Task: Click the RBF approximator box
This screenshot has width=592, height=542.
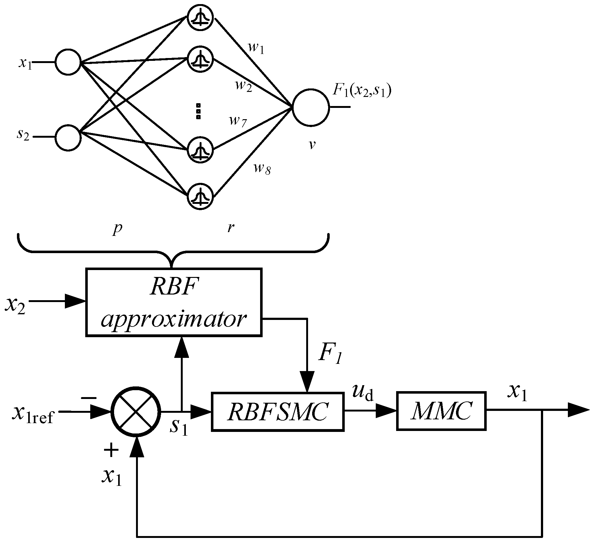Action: [x=174, y=302]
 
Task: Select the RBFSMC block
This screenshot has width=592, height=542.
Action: [x=278, y=412]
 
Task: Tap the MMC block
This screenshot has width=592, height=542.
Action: [x=441, y=411]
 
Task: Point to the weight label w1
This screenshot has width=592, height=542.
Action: [x=256, y=49]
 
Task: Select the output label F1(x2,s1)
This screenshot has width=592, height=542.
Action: [x=362, y=91]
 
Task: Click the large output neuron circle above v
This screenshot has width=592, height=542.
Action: [x=311, y=107]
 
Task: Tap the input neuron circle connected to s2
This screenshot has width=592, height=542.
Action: [x=68, y=137]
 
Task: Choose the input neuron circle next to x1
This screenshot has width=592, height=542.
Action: [x=68, y=62]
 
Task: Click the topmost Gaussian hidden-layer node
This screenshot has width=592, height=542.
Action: [x=200, y=18]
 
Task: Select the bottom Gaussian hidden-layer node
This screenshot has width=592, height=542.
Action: [x=200, y=196]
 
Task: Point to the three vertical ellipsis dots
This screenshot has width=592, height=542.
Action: [x=198, y=111]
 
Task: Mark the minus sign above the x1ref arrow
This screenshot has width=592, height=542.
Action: [x=89, y=398]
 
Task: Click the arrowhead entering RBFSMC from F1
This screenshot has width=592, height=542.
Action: [x=307, y=381]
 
